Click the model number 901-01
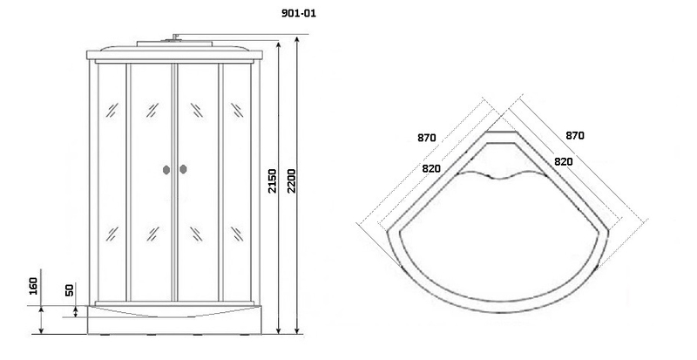click(299, 13)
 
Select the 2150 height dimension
click(272, 180)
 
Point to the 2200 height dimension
click(291, 180)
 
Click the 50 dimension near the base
click(70, 290)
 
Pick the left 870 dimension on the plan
click(427, 138)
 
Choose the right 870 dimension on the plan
click(575, 135)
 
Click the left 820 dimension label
click(431, 168)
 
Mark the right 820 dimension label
click(563, 161)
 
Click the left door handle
click(166, 170)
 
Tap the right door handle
click(183, 169)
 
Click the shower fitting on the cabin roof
click(175, 37)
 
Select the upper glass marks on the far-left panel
click(112, 110)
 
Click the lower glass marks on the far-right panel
click(237, 234)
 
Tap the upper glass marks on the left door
click(152, 110)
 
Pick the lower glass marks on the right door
click(197, 234)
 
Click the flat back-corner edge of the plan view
click(502, 132)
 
